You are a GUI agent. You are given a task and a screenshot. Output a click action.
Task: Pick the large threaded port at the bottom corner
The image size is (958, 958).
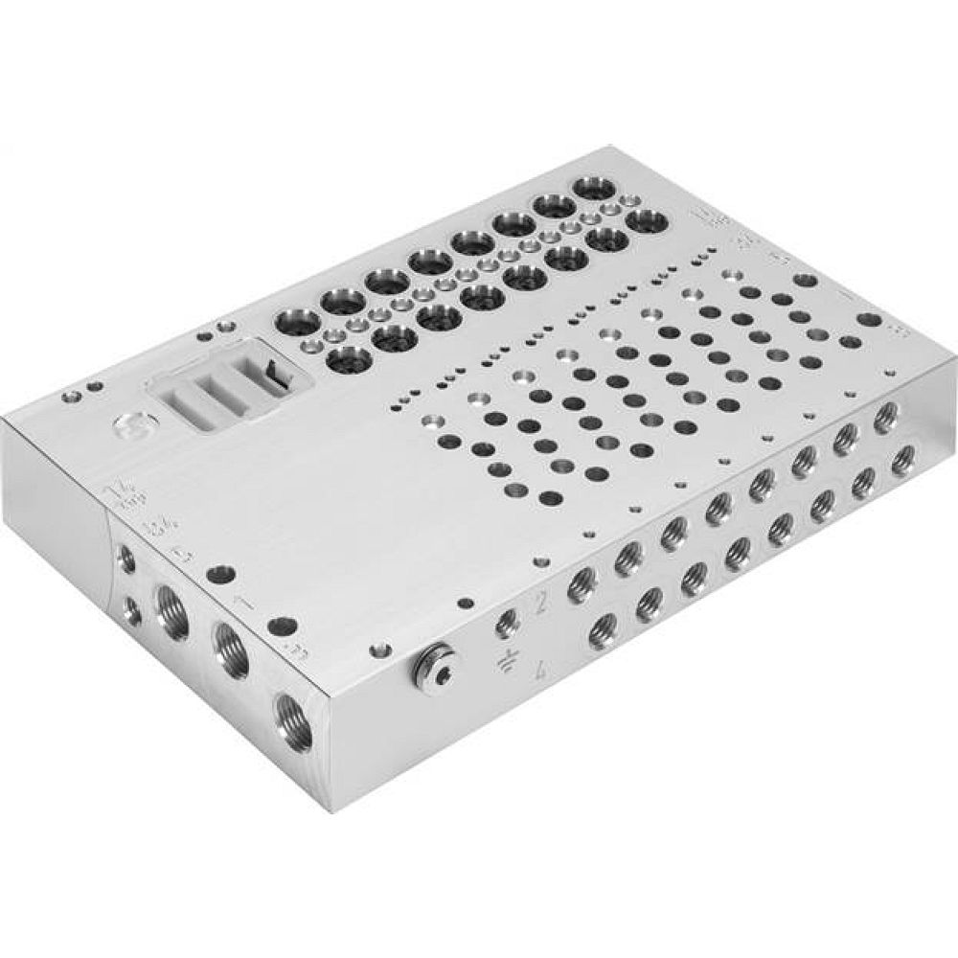point(290,715)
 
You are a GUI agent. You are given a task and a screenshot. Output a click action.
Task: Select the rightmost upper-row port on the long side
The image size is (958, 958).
point(885,414)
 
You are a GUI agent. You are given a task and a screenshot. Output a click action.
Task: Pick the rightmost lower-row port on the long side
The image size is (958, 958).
point(901,463)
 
